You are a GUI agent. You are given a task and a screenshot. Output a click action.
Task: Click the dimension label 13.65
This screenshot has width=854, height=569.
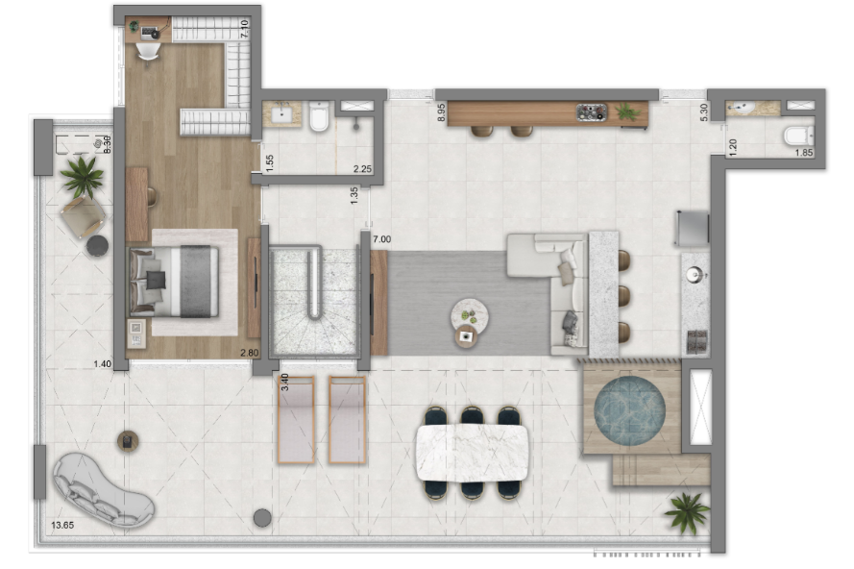tap(62, 526)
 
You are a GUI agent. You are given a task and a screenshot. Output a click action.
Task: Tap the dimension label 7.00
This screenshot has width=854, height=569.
tap(381, 239)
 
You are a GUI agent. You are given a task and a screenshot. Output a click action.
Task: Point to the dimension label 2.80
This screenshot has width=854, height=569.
tap(250, 353)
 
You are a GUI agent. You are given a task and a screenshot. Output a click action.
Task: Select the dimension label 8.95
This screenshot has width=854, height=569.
tap(441, 112)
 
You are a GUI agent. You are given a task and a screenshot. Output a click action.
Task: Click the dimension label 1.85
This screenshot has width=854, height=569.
tap(804, 153)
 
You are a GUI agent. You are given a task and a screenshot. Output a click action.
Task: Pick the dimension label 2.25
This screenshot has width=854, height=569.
tap(362, 169)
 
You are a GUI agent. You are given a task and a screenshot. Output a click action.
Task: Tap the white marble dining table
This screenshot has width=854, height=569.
tap(472, 453)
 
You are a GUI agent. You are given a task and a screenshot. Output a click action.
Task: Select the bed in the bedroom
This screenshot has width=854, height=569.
tap(174, 282)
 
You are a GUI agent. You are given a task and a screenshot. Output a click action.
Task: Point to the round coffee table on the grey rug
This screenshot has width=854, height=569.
tap(469, 316)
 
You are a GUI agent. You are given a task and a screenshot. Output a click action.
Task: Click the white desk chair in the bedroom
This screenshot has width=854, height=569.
tap(148, 52)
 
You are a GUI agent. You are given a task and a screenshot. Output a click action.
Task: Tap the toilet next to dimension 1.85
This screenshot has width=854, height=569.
tap(798, 136)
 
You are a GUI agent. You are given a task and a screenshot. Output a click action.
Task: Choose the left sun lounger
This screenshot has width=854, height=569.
tap(296, 420)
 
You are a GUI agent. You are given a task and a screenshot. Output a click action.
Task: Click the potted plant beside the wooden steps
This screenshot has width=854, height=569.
tap(687, 511)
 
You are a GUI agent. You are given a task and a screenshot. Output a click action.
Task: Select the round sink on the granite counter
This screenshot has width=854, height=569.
tap(695, 274)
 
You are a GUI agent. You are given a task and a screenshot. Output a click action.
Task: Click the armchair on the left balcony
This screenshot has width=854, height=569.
tap(83, 216)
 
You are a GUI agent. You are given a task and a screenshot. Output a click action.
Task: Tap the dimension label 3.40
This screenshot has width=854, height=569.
tap(284, 382)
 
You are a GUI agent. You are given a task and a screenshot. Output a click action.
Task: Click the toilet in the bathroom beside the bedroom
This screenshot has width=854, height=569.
tap(319, 116)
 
